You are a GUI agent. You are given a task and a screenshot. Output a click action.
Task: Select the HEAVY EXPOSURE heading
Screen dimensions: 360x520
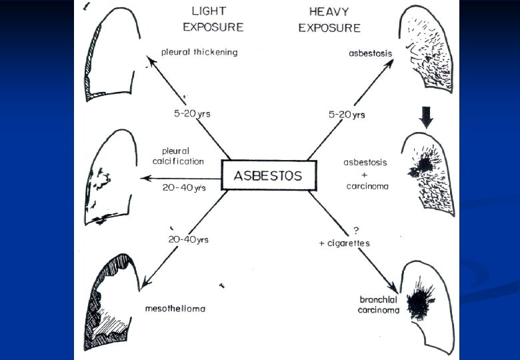329,20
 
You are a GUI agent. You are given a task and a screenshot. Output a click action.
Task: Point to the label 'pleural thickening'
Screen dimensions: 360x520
199,52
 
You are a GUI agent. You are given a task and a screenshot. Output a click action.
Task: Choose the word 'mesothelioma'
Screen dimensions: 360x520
174,309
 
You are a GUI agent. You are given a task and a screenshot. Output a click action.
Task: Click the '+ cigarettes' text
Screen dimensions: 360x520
344,243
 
